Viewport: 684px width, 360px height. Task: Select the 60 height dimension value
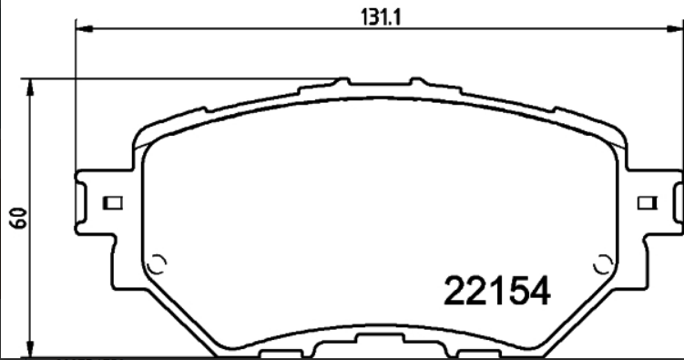coord(16,217)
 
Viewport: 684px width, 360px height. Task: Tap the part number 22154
coord(496,292)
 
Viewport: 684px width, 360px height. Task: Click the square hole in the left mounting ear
coord(114,202)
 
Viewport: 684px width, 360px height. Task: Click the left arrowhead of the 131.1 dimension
coord(83,30)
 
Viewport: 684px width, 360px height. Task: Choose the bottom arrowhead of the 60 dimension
coord(33,350)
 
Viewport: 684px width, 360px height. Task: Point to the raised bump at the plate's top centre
coord(342,82)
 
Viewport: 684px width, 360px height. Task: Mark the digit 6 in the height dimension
coord(16,222)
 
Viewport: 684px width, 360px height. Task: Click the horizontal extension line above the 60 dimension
coord(182,78)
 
